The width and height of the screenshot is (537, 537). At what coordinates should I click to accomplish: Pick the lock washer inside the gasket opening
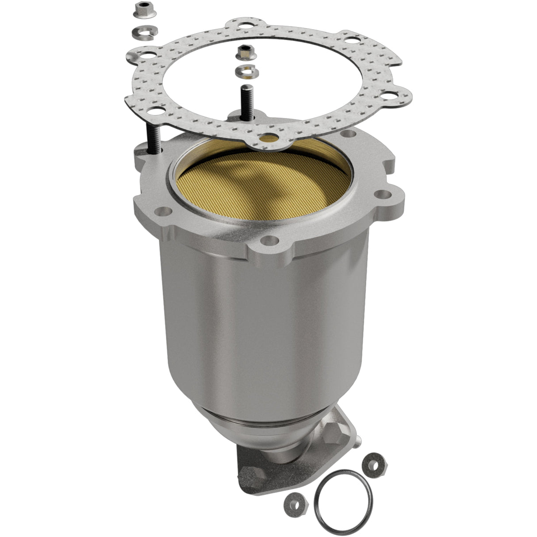pyautogui.click(x=244, y=71)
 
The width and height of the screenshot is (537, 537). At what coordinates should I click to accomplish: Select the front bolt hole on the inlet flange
pyautogui.click(x=268, y=241)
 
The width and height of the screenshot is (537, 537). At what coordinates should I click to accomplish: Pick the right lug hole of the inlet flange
pyautogui.click(x=381, y=194)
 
